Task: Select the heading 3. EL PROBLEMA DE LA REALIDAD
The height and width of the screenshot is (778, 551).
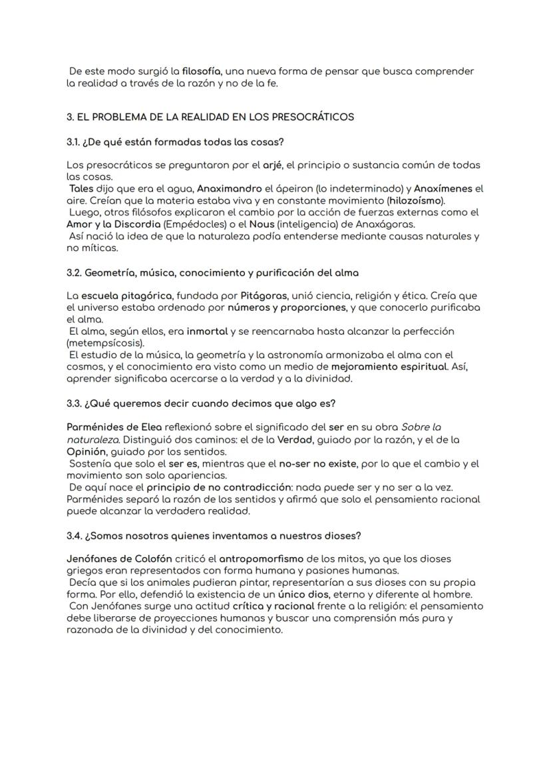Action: [x=210, y=117]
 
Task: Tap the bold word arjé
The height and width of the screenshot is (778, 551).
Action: [x=272, y=164]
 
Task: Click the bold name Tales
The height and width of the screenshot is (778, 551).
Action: [x=81, y=188]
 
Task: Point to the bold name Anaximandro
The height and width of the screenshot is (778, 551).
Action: [x=229, y=188]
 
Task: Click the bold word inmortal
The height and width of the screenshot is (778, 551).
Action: [x=208, y=331]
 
